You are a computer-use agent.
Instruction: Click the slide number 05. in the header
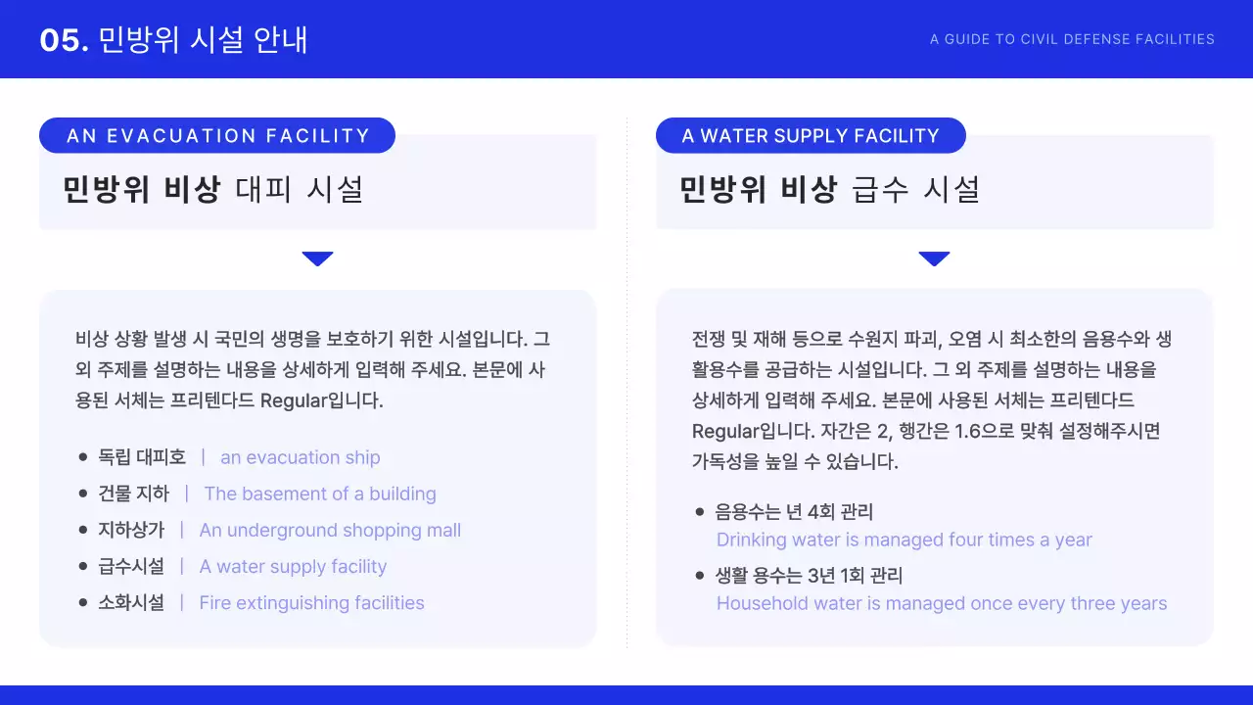point(65,40)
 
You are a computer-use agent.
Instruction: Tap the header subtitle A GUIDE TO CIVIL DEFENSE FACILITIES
point(1072,40)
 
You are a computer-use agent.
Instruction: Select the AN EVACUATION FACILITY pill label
point(217,136)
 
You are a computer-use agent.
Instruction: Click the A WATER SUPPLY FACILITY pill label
point(811,136)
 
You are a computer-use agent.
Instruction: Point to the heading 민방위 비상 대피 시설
point(212,189)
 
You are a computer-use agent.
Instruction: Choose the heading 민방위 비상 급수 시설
point(829,189)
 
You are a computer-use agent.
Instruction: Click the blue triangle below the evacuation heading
point(318,258)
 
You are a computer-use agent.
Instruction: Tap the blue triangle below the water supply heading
point(935,258)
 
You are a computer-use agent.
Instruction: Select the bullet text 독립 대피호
point(142,457)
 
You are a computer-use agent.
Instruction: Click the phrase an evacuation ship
point(300,457)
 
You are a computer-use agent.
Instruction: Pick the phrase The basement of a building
point(320,493)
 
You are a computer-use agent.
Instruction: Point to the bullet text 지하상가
point(131,530)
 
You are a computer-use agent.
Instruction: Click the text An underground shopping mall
point(330,530)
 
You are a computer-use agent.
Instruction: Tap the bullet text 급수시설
point(131,566)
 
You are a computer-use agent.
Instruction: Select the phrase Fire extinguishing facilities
point(311,603)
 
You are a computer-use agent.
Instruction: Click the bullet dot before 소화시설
point(83,603)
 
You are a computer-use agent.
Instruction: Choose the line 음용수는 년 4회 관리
point(794,511)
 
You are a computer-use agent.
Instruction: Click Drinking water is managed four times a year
point(904,540)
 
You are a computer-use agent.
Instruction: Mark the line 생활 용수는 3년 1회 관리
point(809,575)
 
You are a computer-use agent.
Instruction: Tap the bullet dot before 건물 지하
point(83,493)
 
